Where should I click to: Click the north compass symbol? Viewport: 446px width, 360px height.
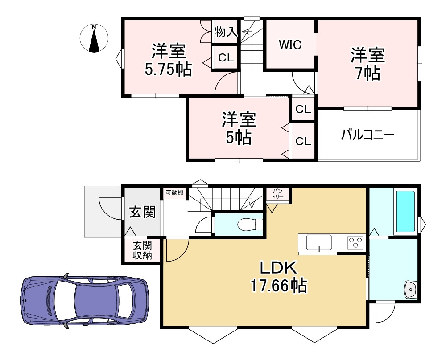(x=94, y=38)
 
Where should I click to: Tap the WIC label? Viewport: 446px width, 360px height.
(x=290, y=45)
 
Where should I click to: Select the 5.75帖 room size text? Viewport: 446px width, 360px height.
(x=169, y=69)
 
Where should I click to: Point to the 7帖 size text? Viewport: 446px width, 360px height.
(x=368, y=73)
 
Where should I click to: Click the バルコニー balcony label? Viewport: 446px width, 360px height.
(x=368, y=135)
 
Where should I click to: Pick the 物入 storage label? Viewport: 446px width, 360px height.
(x=226, y=32)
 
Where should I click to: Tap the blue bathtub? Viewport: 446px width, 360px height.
(x=405, y=211)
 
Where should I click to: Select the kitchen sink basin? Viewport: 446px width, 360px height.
(x=319, y=243)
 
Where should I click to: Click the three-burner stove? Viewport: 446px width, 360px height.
(x=355, y=243)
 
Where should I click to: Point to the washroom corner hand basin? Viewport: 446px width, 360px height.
(x=410, y=290)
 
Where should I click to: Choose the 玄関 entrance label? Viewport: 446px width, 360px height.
(x=143, y=212)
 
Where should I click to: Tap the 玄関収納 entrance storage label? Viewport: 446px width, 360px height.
(x=143, y=250)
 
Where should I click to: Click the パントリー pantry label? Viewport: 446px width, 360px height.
(x=277, y=194)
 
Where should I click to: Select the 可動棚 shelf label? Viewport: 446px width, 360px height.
(x=174, y=192)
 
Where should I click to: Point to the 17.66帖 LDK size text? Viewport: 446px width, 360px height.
(x=279, y=286)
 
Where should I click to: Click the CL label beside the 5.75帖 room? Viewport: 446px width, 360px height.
(x=226, y=57)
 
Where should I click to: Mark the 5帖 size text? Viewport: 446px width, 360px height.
(x=238, y=138)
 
